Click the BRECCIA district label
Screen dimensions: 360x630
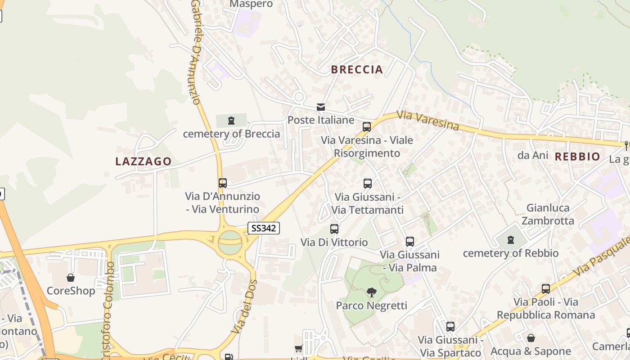[x=357, y=69]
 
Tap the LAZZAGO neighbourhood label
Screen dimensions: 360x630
[x=144, y=162]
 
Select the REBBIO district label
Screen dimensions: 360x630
[x=577, y=157]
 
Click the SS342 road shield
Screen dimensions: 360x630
[x=264, y=228]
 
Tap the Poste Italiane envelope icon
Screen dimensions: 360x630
[x=321, y=107]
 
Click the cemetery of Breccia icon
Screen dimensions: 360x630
[x=231, y=121]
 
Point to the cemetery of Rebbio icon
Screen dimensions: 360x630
[x=511, y=240]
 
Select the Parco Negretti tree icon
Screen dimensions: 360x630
[x=371, y=292]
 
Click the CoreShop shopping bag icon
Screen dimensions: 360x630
[x=71, y=278]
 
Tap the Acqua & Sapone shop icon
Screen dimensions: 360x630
[x=531, y=338]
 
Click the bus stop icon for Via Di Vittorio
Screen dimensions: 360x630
[x=334, y=229]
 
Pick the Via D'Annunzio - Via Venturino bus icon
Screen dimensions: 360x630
[x=223, y=183]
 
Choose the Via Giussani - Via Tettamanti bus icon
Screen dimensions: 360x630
[x=368, y=184]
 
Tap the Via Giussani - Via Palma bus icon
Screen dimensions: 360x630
[x=409, y=242]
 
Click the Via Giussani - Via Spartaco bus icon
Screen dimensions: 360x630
[x=450, y=327]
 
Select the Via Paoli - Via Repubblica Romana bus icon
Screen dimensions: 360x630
[x=546, y=289]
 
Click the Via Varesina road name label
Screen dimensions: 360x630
[x=427, y=121]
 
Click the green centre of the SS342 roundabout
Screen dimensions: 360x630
[x=230, y=242]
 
